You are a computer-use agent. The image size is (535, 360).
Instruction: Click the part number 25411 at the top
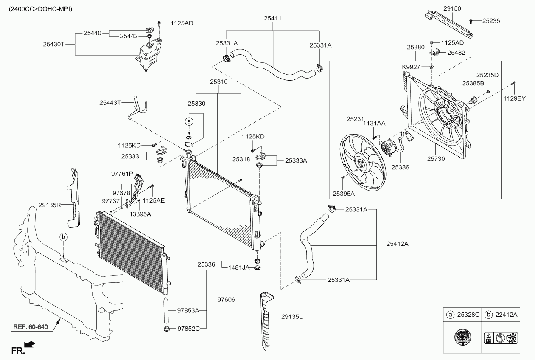[x=272, y=18]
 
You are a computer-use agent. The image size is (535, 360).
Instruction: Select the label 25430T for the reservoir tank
[x=54, y=45]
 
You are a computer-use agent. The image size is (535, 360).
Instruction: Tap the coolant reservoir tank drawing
[x=149, y=54]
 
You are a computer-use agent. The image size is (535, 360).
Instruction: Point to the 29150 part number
[x=452, y=8]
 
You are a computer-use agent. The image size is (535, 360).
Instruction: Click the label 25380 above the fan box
[x=416, y=47]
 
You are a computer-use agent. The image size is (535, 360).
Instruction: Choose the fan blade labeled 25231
[x=363, y=163]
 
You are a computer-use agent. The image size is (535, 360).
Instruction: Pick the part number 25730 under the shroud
[x=436, y=159]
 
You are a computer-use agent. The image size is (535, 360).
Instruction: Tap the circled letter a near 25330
[x=189, y=122]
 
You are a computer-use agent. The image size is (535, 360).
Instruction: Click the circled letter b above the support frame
[x=64, y=237]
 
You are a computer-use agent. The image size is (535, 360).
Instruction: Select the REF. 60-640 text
[x=30, y=327]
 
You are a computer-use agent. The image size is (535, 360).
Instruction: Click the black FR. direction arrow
[x=30, y=344]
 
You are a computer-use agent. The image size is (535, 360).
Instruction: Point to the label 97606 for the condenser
[x=226, y=300]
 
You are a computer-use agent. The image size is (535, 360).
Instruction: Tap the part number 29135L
[x=291, y=317]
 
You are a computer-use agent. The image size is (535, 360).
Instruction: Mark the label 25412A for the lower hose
[x=397, y=244]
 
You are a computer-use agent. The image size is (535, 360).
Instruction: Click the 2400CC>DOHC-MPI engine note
[x=40, y=9]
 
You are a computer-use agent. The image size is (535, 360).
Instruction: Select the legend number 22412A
[x=506, y=315]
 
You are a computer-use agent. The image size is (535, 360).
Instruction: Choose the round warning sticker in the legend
[x=462, y=337]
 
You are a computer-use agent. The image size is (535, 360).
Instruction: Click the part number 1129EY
[x=515, y=98]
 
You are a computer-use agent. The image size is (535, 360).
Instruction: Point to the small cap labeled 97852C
[x=166, y=329]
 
